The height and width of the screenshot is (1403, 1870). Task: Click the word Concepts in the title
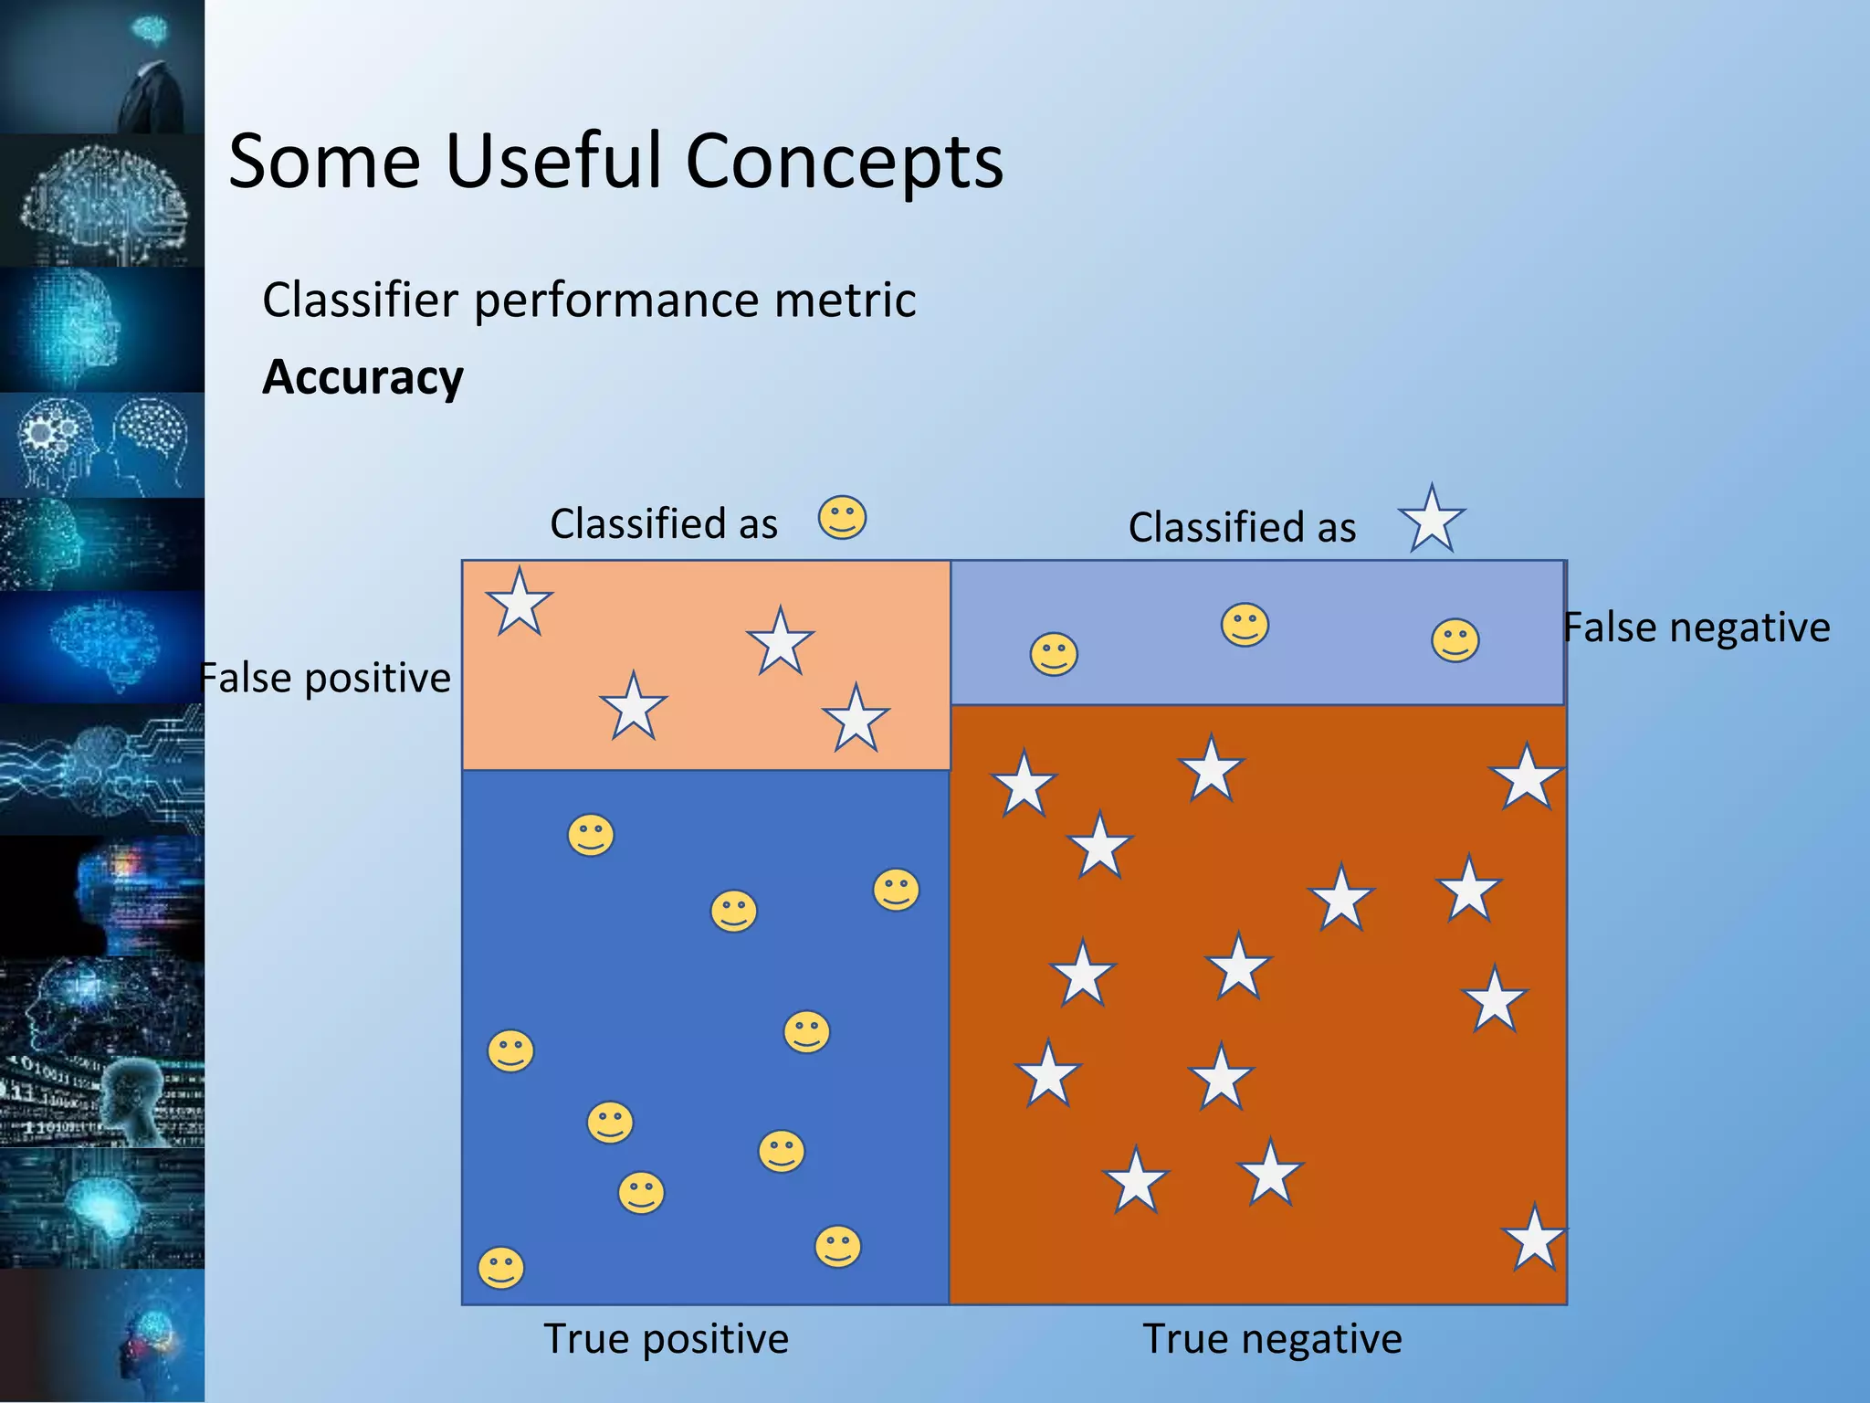[844, 161]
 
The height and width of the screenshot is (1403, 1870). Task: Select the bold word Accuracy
[362, 377]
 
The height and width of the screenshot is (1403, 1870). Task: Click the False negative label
[1697, 628]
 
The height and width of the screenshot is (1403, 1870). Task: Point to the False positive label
[326, 678]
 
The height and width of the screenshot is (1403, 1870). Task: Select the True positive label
[666, 1339]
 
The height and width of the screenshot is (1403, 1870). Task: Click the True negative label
[1272, 1339]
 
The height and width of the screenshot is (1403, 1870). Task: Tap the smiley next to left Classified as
[842, 518]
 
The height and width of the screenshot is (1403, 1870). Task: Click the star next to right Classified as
[1432, 519]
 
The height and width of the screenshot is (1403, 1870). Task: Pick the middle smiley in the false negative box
[1245, 625]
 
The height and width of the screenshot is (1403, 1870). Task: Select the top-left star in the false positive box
[520, 602]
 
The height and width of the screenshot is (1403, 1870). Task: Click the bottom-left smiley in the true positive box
[501, 1268]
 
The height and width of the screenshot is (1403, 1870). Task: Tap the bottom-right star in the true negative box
[1534, 1239]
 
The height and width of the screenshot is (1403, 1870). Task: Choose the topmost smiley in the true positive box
[591, 835]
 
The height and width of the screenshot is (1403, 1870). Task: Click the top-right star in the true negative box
[1526, 777]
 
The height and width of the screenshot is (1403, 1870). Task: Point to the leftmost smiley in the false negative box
[1054, 654]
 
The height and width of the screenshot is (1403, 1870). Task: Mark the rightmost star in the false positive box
[856, 719]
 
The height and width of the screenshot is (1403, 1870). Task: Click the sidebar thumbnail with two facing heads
[102, 446]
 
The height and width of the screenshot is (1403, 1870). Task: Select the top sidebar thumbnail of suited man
[102, 66]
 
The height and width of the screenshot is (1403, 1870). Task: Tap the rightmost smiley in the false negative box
[1455, 639]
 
